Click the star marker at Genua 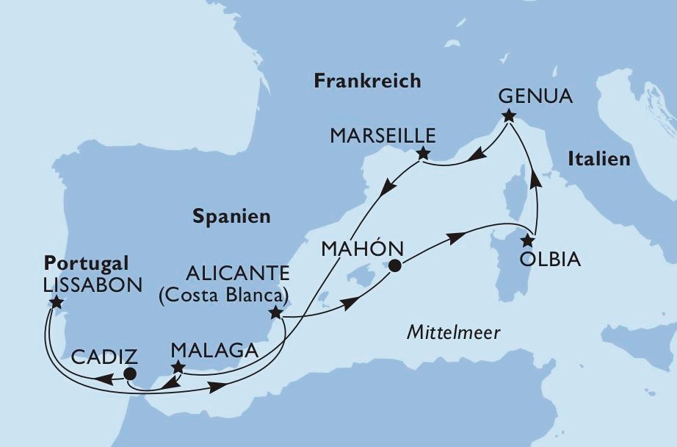[x=508, y=115]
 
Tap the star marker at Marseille [x=423, y=154]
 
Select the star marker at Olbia [x=526, y=240]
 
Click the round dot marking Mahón [x=395, y=266]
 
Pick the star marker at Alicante [x=275, y=313]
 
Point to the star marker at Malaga [x=177, y=367]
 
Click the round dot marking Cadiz [x=130, y=374]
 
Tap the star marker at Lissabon [x=57, y=302]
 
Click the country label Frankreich [x=367, y=81]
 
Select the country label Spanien [x=231, y=216]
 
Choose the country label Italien [x=598, y=159]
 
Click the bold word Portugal [x=86, y=263]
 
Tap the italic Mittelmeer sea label [x=453, y=333]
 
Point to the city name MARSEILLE [x=383, y=136]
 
